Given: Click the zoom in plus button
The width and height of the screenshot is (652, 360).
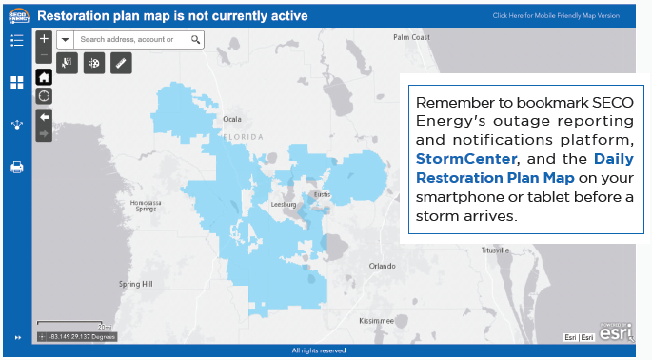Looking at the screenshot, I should [44, 40].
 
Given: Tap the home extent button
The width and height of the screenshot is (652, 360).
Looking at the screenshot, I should [44, 77].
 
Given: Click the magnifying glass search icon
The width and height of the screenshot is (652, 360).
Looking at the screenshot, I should [195, 40].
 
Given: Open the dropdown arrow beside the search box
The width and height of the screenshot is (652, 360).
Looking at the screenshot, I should [65, 40].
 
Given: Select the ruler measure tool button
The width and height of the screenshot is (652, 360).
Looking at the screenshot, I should [120, 63].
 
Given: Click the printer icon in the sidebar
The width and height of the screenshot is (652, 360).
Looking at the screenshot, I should [16, 168].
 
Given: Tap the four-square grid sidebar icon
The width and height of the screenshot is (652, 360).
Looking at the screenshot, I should [16, 83].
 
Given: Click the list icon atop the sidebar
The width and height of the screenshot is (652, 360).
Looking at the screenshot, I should [16, 40].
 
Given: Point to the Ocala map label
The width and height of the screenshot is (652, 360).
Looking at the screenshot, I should [232, 119].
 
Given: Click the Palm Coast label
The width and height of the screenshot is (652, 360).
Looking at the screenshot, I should [411, 37].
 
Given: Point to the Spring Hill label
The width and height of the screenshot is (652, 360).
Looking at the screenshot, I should [134, 284].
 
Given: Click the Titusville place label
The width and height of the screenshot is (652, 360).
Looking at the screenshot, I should [494, 250].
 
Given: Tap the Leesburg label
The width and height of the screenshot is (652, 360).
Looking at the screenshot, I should [284, 204].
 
